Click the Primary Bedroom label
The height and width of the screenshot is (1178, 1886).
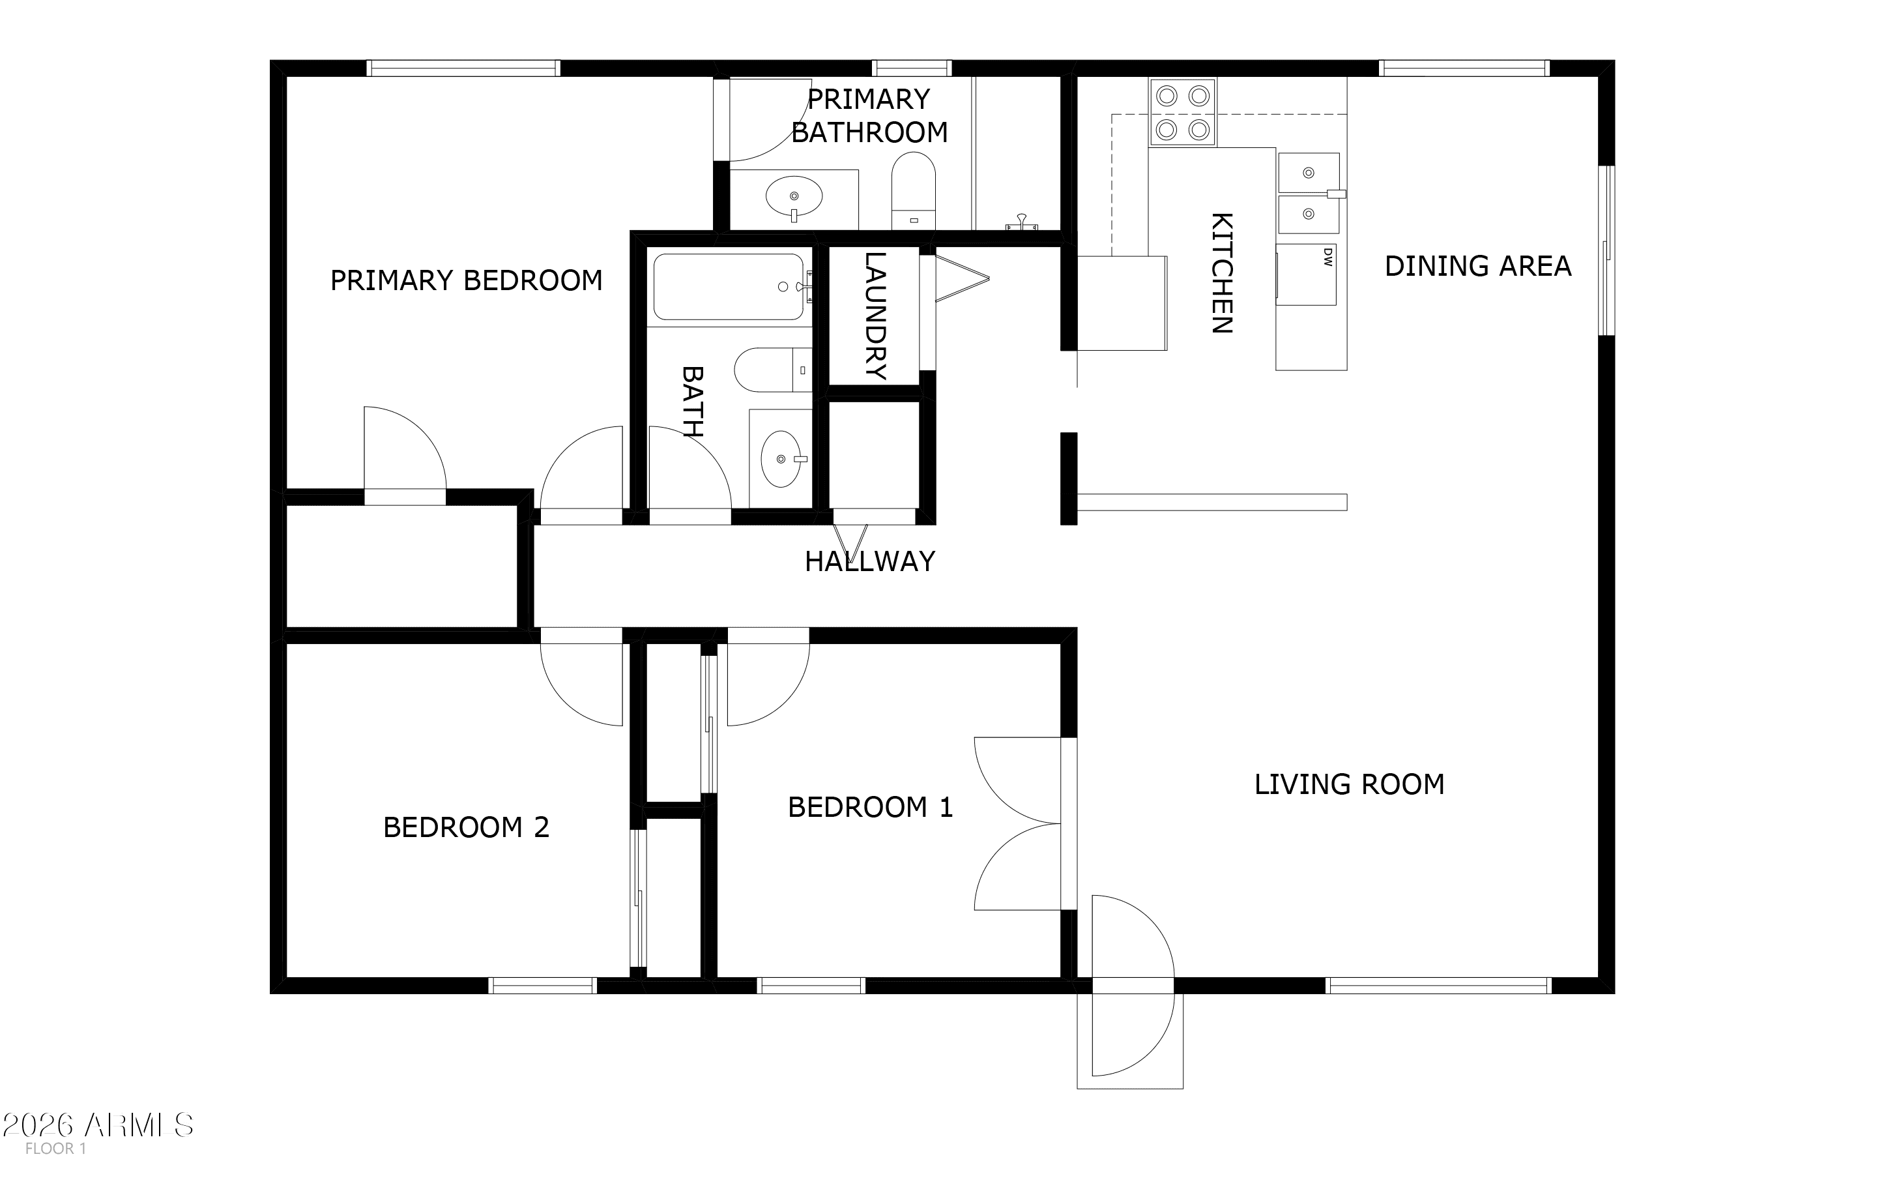pyautogui.click(x=467, y=280)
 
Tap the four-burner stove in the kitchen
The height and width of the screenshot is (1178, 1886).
pyautogui.click(x=1182, y=112)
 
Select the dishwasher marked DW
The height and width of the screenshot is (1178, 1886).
pyautogui.click(x=1307, y=275)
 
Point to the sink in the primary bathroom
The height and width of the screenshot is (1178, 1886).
pyautogui.click(x=794, y=196)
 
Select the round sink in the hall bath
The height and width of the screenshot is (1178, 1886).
pyautogui.click(x=781, y=459)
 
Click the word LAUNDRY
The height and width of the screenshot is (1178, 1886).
pyautogui.click(x=876, y=316)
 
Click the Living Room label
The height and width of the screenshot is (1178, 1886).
pyautogui.click(x=1350, y=784)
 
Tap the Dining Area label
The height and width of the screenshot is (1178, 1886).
pyautogui.click(x=1478, y=267)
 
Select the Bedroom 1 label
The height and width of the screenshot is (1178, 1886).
pyautogui.click(x=871, y=807)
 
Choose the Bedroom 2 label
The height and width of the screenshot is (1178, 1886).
pyautogui.click(x=467, y=827)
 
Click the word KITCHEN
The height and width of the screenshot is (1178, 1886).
pyautogui.click(x=1221, y=272)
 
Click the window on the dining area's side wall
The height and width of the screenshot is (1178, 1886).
pyautogui.click(x=1606, y=250)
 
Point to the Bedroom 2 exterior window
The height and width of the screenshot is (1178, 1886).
pyautogui.click(x=543, y=986)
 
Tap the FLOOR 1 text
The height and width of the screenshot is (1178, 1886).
pyautogui.click(x=55, y=1149)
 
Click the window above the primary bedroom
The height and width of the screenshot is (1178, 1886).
pyautogui.click(x=463, y=68)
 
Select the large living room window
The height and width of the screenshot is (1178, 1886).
pyautogui.click(x=1438, y=986)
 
